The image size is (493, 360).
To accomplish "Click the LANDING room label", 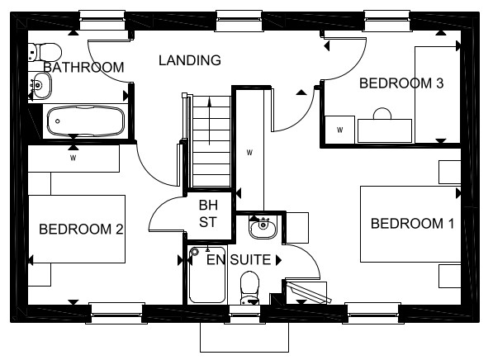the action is point(190,60).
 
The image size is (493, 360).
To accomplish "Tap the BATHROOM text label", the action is point(83,67).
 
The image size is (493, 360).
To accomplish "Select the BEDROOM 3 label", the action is point(401,83).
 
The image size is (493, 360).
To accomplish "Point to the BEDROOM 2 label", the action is point(81,229).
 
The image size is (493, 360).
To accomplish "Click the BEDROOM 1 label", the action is point(413,224).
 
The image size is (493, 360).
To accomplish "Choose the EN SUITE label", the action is point(239,260).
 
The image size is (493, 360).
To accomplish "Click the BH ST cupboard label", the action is point(208,214).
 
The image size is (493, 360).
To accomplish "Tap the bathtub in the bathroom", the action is point(86,121).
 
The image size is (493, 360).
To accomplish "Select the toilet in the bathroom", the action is point(45,52).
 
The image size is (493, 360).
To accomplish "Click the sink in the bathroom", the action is point(40,85).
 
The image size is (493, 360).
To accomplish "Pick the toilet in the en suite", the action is point(249,288).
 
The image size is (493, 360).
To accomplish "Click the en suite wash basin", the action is point(263,227).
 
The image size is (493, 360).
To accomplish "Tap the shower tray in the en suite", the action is point(207,275).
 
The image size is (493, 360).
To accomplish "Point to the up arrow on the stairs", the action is point(210,121).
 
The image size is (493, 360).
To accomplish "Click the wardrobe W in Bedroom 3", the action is point(339,130).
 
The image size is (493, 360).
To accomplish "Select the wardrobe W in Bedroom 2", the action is point(73,158).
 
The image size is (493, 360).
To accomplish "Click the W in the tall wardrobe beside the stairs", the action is point(249,153).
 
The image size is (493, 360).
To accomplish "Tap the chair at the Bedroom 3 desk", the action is point(382,113).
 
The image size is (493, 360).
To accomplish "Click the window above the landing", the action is point(239,21).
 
